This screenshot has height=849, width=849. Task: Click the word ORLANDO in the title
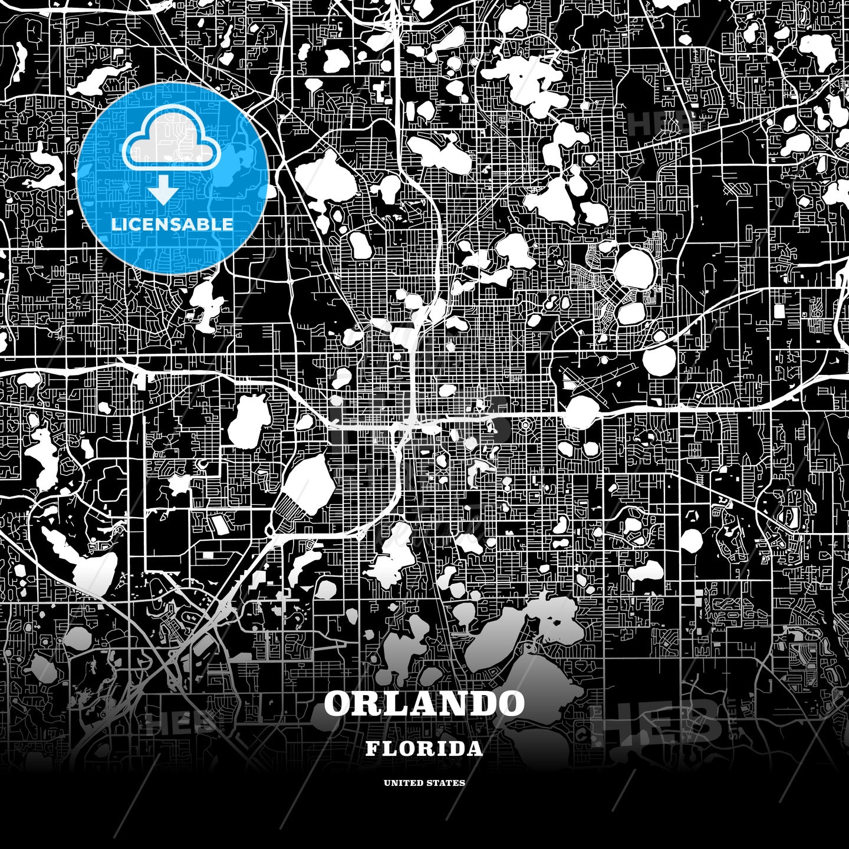(x=424, y=703)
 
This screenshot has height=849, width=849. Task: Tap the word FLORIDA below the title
(x=424, y=749)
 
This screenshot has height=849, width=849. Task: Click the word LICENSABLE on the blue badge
(x=172, y=225)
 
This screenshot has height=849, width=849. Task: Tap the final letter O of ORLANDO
(x=508, y=703)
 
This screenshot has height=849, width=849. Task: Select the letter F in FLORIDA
(x=371, y=749)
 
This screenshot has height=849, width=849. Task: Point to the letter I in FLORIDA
(x=437, y=749)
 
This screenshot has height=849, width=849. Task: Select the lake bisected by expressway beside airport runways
(x=581, y=412)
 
